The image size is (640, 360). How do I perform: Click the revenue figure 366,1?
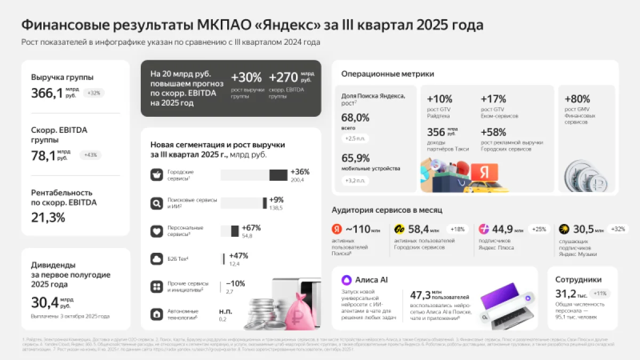[47, 93]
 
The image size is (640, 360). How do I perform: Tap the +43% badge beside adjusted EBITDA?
[90, 155]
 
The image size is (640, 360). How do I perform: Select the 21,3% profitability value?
[48, 217]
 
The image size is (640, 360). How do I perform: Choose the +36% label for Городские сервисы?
[300, 172]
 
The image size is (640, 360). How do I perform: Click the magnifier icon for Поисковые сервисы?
[156, 203]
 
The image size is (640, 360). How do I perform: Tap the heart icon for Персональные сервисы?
[156, 231]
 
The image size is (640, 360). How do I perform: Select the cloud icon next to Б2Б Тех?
[156, 259]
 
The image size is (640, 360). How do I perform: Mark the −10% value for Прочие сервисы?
[236, 283]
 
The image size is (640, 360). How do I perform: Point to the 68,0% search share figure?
[355, 118]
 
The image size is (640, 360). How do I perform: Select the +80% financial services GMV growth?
[578, 99]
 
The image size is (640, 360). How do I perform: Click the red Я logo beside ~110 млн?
[337, 229]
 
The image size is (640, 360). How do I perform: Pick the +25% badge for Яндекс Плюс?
[539, 229]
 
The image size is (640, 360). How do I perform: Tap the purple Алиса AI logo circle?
[347, 279]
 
